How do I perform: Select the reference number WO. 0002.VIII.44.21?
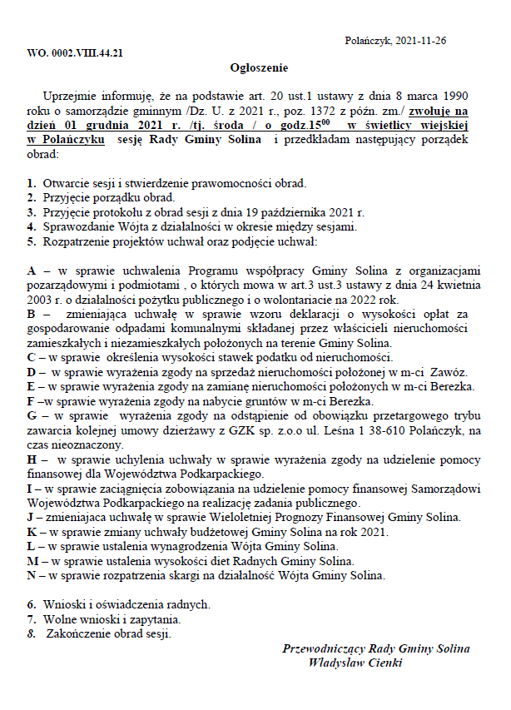[x=76, y=52]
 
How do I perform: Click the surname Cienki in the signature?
[x=384, y=663]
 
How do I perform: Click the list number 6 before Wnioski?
[x=30, y=603]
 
